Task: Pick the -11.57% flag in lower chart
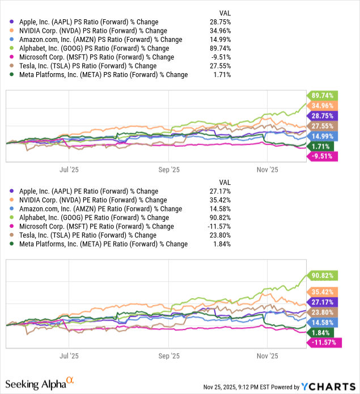(x=322, y=342)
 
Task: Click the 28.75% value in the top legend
(x=221, y=22)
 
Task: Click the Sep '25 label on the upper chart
(x=168, y=169)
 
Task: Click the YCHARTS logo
(x=334, y=386)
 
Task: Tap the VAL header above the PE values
(x=225, y=183)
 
